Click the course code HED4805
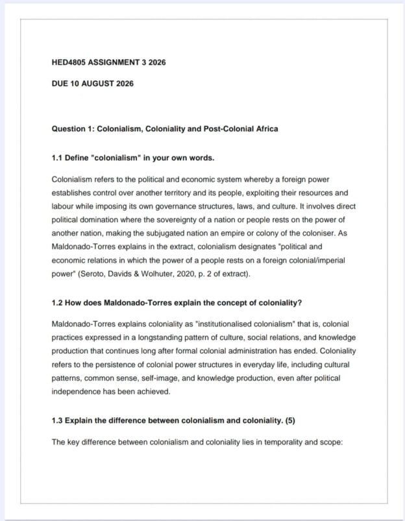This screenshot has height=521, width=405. (69, 63)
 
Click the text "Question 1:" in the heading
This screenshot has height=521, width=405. (72, 128)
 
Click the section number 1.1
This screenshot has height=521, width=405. (57, 158)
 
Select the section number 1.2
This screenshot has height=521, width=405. (57, 302)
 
